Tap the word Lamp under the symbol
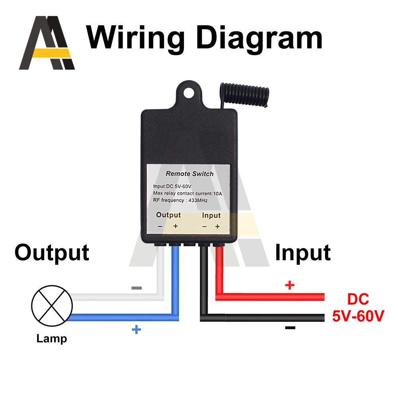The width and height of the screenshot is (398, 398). [x=52, y=339]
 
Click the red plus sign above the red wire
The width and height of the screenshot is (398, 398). [x=290, y=285]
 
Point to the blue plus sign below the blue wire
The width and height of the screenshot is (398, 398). [x=136, y=330]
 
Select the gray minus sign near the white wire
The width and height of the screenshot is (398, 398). [x=137, y=288]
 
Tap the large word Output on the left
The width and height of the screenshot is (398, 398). [x=52, y=252]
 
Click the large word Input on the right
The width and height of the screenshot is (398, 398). [x=302, y=252]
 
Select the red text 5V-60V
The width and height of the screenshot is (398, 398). [x=358, y=316]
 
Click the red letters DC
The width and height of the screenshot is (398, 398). [x=358, y=299]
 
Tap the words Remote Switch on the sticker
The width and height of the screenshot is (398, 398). [x=189, y=174]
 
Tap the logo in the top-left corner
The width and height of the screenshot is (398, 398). [x=47, y=43]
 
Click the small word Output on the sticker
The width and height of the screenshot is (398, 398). [x=168, y=215]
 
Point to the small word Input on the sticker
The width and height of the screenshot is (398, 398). [x=211, y=215]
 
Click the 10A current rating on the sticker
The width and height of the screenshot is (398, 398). [x=217, y=193]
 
